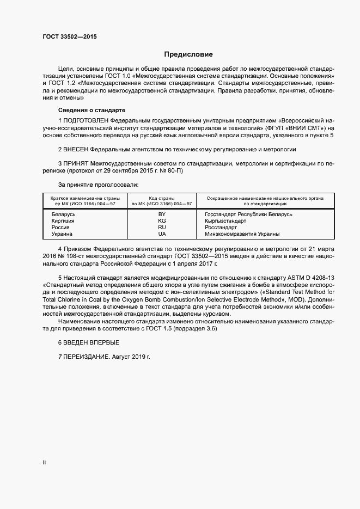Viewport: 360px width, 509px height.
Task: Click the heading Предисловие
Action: point(188,54)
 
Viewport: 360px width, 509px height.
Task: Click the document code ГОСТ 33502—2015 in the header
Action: point(69,37)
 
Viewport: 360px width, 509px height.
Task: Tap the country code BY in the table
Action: point(162,214)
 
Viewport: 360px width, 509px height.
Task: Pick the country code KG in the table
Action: point(162,221)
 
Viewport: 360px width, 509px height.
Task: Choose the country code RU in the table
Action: point(162,228)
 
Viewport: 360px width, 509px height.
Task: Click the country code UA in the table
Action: point(162,234)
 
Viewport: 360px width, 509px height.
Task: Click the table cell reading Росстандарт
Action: point(221,228)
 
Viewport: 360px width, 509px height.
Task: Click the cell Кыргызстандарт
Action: point(225,221)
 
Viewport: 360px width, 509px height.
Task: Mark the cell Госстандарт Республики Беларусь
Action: point(248,214)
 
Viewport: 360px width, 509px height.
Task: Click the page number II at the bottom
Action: point(44,463)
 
